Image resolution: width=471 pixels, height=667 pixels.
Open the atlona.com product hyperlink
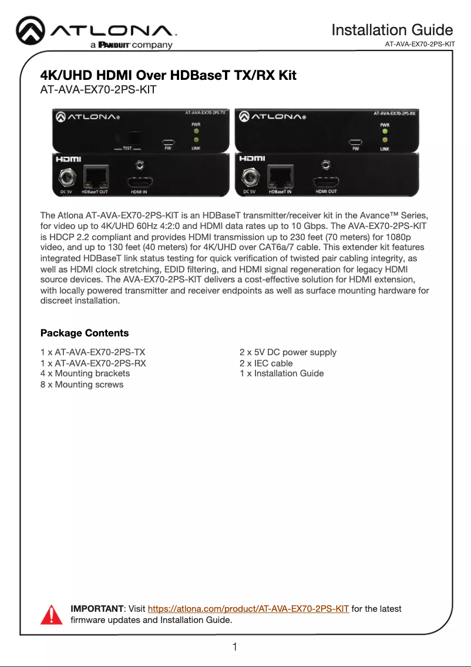pos(248,609)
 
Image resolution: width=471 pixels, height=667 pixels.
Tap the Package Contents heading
pos(84,333)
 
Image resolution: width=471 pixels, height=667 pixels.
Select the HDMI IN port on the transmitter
pos(139,181)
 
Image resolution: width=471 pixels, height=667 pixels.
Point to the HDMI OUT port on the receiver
pos(325,181)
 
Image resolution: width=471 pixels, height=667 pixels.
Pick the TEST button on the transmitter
pos(134,139)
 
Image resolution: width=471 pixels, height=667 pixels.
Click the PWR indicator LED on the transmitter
pos(196,132)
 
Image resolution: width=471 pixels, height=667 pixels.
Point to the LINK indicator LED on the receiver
pos(385,141)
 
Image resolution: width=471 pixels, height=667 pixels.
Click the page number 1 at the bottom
pos(235,648)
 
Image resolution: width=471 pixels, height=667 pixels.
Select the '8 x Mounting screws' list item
pos(82,385)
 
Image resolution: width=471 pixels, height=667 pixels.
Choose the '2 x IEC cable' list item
pos(266,363)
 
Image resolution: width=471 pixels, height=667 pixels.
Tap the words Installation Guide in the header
pos(392,30)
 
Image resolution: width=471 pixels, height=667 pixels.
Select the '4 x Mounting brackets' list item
pos(85,373)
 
